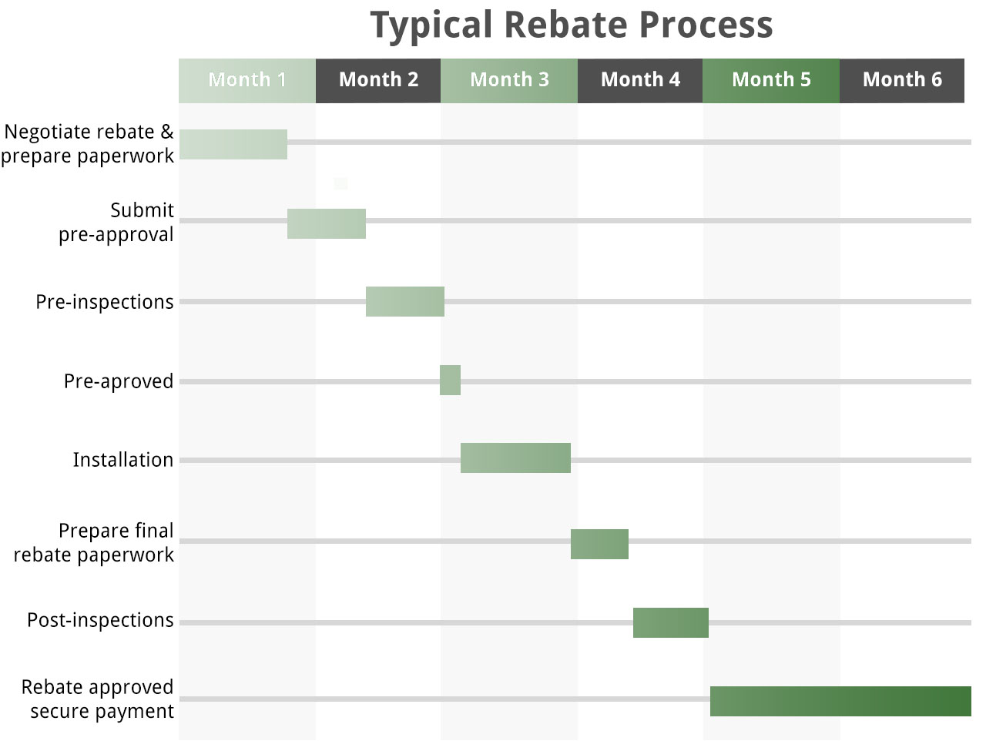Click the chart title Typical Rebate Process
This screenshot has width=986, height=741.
(571, 25)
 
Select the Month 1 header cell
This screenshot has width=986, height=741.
(247, 80)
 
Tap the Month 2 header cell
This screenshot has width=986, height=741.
(378, 80)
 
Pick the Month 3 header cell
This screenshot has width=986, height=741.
(509, 80)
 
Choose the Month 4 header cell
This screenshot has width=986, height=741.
(640, 80)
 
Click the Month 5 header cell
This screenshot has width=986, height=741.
(771, 80)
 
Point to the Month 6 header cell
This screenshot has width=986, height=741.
(902, 80)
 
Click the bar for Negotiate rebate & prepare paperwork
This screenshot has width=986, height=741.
(233, 145)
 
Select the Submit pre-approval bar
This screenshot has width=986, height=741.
(327, 223)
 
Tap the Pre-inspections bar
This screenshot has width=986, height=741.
(405, 301)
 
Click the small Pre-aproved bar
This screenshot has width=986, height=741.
(450, 380)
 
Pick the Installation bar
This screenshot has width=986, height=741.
(515, 458)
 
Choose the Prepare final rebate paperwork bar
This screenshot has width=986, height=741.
(599, 544)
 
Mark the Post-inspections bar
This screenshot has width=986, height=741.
(670, 622)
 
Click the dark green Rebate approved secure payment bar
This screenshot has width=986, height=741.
(840, 701)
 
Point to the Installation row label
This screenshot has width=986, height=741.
(123, 460)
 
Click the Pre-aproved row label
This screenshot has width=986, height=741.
(119, 381)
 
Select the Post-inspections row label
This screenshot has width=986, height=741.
(100, 620)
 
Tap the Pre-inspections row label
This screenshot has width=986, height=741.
(105, 302)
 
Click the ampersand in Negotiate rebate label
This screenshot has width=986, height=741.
(167, 132)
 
